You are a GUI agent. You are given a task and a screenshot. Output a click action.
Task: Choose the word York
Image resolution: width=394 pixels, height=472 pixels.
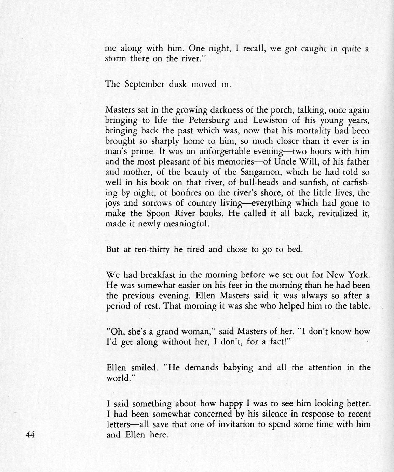click(358, 275)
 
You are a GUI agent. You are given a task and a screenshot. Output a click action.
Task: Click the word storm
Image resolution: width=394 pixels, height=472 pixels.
click(116, 58)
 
